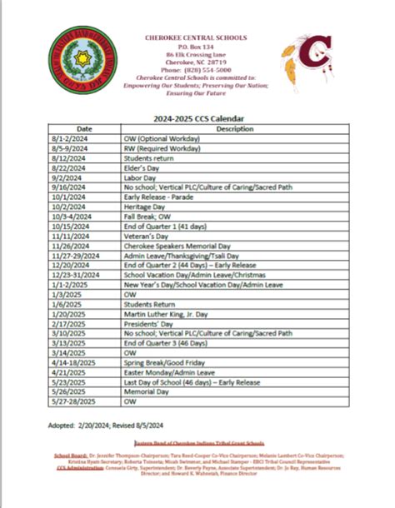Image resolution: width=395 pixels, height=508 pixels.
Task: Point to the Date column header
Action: tap(85, 129)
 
